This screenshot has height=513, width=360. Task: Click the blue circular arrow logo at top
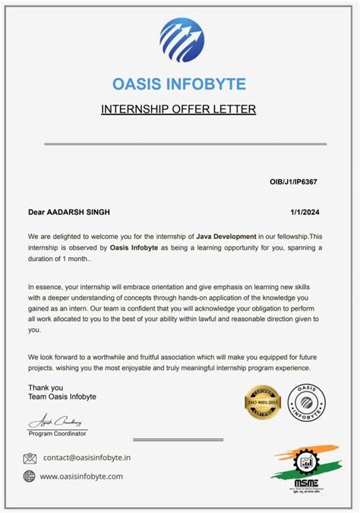182,39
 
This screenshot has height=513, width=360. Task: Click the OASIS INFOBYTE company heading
179,83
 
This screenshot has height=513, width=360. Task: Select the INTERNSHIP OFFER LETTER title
178,109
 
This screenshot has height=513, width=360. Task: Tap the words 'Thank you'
43,387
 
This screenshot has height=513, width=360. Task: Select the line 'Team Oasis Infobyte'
62,397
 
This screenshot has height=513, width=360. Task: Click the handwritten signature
58,421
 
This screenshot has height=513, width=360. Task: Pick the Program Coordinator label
58,433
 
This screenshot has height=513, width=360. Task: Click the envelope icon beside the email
30,458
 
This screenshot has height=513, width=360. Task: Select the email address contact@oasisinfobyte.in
87,458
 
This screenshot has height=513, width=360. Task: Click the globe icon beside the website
30,476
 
